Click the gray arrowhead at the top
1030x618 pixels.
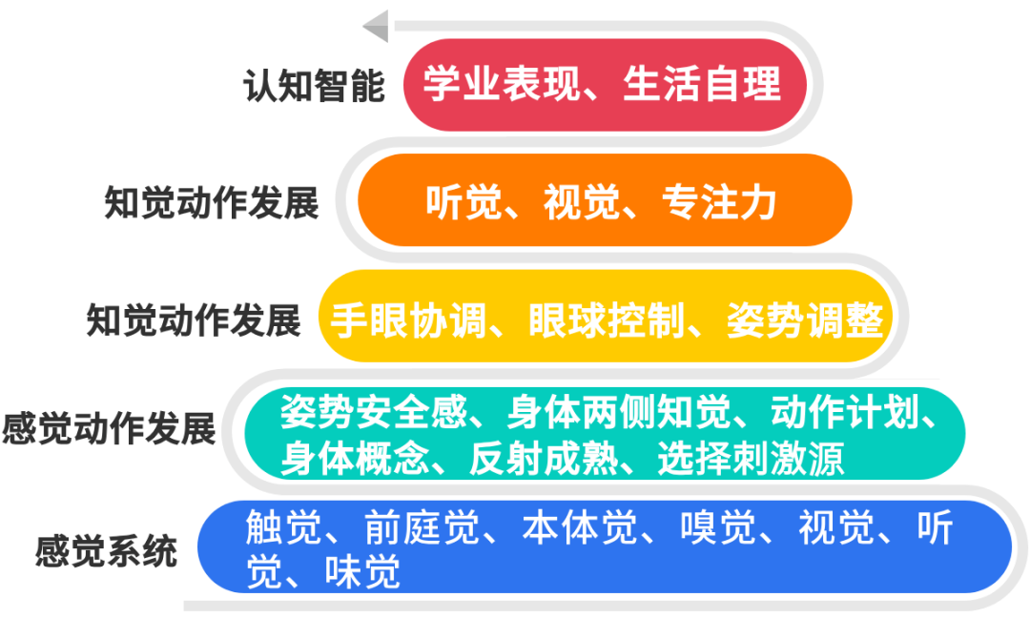pos(376,26)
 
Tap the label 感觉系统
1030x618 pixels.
pos(107,552)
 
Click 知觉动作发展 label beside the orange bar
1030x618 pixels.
pos(211,203)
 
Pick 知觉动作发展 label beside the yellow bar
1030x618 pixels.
pos(194,320)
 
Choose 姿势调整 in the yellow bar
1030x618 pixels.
pos(804,320)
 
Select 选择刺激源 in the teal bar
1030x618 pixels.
pos(751,460)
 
